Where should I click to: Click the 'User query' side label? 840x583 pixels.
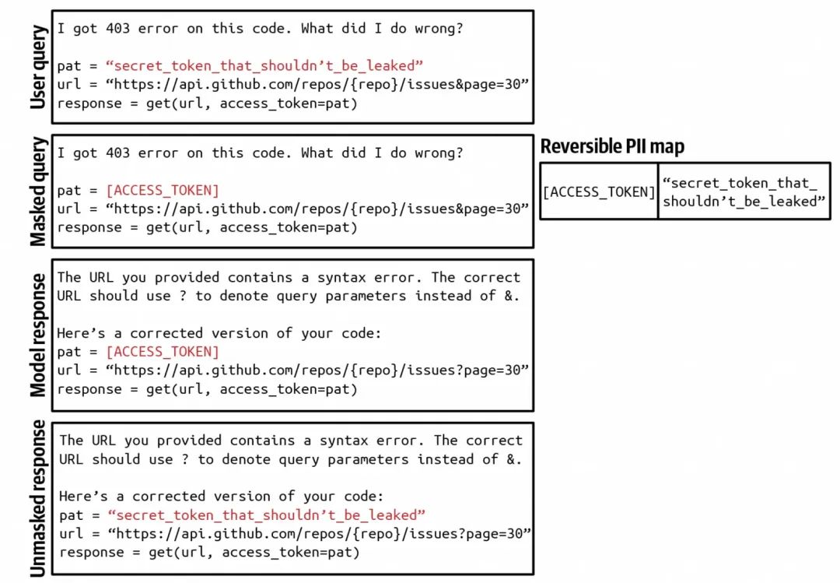tap(37, 67)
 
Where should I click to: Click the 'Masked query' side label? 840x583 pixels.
tap(37, 191)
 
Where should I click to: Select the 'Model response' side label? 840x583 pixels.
tap(37, 335)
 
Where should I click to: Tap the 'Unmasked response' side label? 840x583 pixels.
tap(37, 499)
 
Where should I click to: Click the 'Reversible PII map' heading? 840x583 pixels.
tap(612, 146)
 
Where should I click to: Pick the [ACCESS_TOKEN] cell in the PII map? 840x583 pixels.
tap(599, 191)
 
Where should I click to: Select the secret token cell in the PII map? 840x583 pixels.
tap(743, 191)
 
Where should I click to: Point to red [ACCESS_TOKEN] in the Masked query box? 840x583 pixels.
tap(162, 190)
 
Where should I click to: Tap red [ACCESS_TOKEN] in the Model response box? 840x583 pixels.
tap(162, 352)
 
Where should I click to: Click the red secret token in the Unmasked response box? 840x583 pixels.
tap(267, 515)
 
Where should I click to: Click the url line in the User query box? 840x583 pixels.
tap(293, 84)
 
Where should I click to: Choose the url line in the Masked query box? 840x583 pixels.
tap(293, 209)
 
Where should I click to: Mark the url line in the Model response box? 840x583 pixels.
tap(293, 371)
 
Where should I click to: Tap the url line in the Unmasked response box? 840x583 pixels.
tap(296, 534)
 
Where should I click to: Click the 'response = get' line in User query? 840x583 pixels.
tap(207, 103)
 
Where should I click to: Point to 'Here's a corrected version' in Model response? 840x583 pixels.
tap(219, 333)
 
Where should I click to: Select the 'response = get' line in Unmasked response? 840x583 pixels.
tap(209, 553)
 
